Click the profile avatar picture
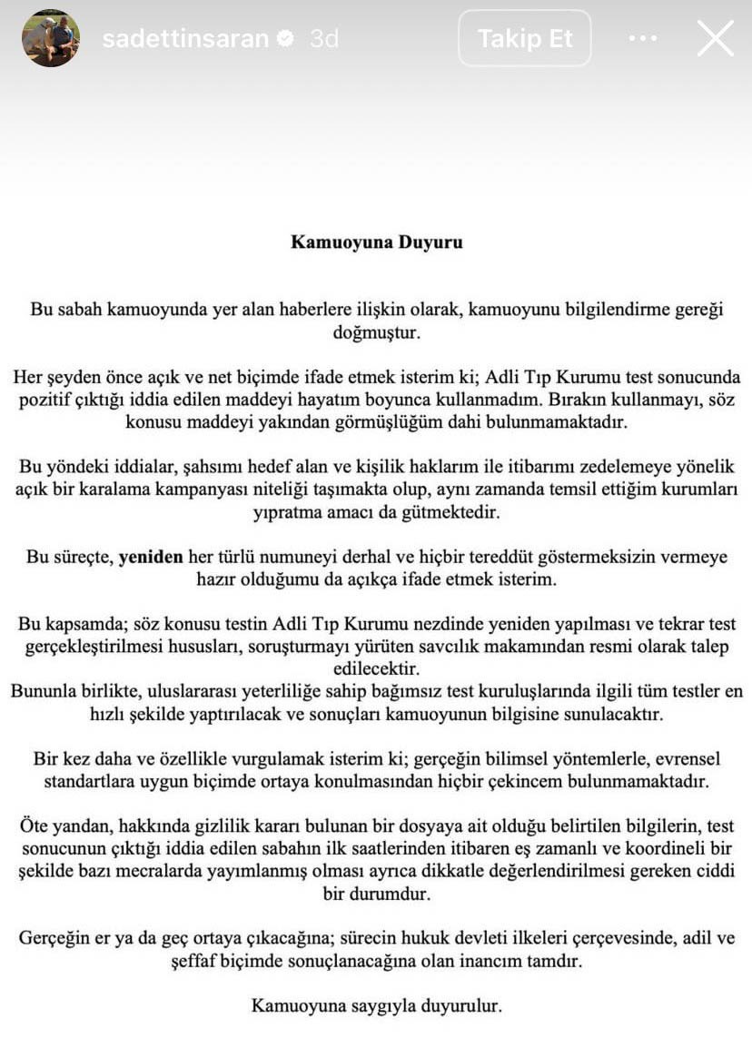(51, 38)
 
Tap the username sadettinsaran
(185, 39)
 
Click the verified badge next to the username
(285, 39)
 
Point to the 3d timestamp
(324, 39)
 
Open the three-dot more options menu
(642, 38)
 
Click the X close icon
(715, 38)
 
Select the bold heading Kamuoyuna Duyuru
(376, 242)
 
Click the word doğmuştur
(376, 332)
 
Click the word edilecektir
(376, 668)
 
